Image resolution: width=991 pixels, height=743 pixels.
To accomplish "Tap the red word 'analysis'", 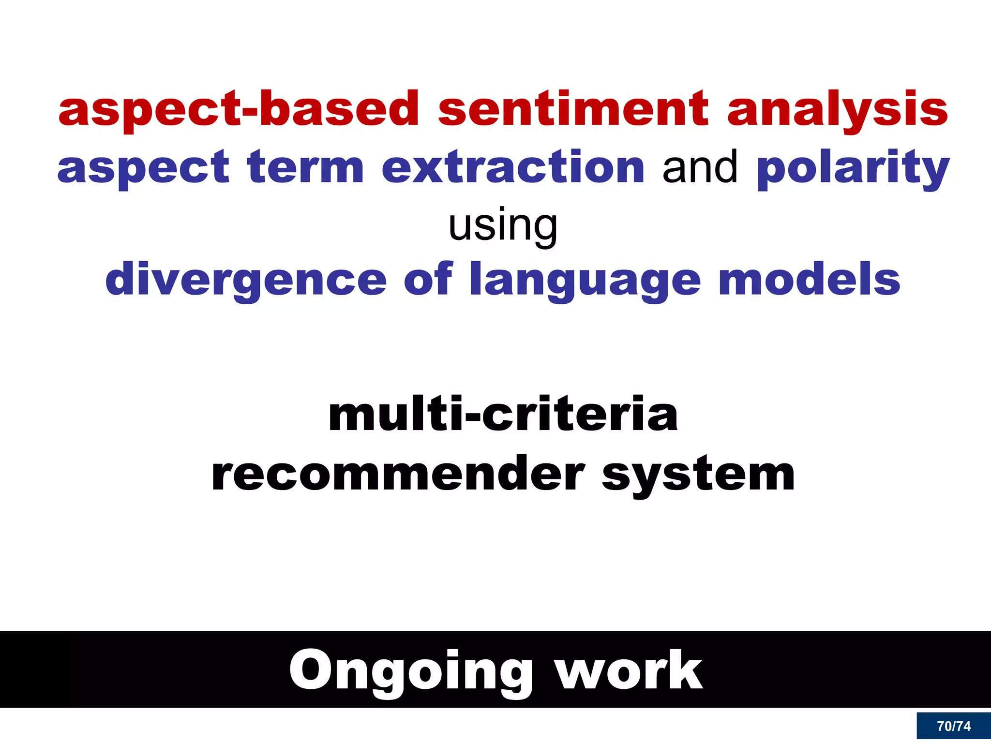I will (x=838, y=110).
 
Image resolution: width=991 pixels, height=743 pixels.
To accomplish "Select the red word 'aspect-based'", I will (x=238, y=110).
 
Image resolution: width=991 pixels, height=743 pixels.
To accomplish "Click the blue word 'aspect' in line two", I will (x=143, y=168).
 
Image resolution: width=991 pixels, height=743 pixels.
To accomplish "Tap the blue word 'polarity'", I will (x=853, y=168).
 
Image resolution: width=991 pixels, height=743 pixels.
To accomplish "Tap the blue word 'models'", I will (x=810, y=280).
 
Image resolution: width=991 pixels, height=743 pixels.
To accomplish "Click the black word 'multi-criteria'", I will (x=503, y=415).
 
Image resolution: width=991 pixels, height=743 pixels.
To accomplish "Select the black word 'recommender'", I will (x=398, y=475).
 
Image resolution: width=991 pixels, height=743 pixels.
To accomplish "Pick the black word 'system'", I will (x=698, y=476).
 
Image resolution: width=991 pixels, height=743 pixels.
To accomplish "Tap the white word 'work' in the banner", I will (x=629, y=670).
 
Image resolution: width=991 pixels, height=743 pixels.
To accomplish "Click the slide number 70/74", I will (x=954, y=726).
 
